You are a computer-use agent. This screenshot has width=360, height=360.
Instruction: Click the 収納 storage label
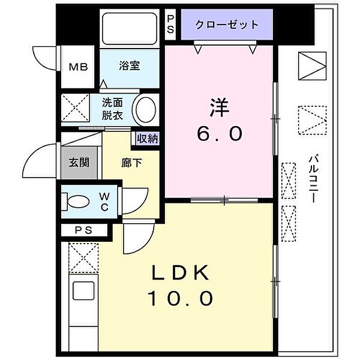147,138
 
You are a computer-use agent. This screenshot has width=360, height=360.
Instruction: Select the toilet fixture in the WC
76,202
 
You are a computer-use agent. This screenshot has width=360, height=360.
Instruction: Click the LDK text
180,273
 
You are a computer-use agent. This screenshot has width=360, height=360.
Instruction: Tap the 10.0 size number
180,298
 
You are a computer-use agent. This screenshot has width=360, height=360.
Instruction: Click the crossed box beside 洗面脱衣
76,109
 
